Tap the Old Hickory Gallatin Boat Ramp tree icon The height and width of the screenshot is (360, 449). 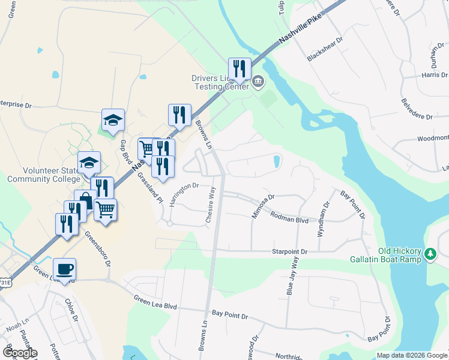tap(430, 254)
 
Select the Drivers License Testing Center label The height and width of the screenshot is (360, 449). tap(220, 82)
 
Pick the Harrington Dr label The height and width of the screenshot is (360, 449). tap(184, 194)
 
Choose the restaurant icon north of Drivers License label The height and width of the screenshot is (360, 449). tap(240, 69)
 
